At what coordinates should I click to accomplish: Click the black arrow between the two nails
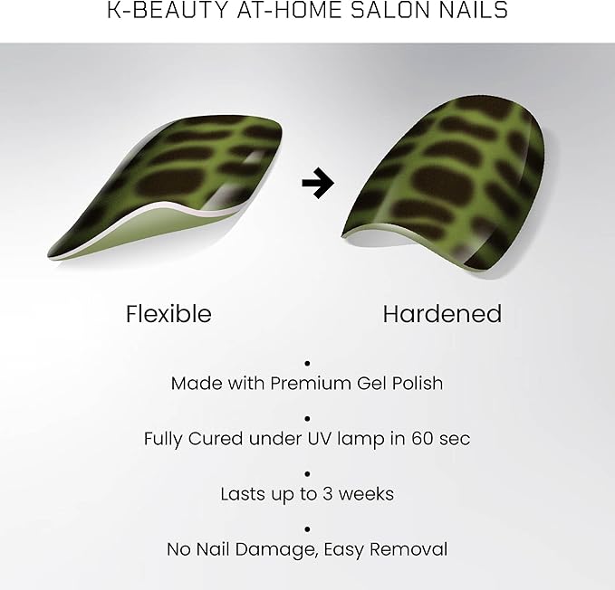point(317,185)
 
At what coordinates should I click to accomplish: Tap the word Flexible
point(168,314)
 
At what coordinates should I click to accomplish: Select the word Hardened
point(442,314)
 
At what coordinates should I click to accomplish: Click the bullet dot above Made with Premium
point(307,362)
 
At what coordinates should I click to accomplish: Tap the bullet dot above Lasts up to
point(307,473)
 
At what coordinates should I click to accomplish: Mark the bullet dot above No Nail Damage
point(307,528)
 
